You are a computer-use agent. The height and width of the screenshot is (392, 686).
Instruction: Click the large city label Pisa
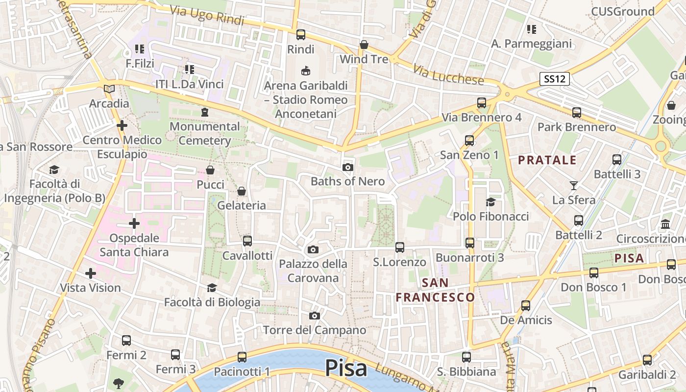tap(346, 368)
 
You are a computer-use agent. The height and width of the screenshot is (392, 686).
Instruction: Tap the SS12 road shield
tap(555, 79)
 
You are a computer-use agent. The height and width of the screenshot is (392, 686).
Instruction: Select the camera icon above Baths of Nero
tap(348, 168)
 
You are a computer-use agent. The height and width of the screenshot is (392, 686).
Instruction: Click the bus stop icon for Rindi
tap(301, 35)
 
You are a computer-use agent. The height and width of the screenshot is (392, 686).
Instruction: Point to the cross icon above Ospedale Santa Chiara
tap(134, 224)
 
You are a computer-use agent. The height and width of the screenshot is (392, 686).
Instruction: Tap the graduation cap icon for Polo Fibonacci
tap(490, 202)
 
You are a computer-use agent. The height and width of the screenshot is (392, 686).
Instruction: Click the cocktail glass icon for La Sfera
tap(574, 186)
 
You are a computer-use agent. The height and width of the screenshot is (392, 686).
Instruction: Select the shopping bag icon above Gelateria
tap(242, 191)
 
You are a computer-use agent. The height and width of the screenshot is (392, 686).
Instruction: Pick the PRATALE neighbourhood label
tap(547, 160)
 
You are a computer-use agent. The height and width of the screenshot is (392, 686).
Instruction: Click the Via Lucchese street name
tap(448, 74)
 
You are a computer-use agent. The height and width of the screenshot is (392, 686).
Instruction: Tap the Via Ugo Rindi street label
tap(207, 15)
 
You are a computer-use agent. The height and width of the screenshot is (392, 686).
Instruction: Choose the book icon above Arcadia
tap(109, 89)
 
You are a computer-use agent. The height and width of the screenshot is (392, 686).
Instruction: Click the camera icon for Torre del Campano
tap(315, 316)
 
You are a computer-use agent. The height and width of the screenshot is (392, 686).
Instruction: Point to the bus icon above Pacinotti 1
tap(242, 357)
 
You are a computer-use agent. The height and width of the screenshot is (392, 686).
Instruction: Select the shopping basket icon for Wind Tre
tap(364, 45)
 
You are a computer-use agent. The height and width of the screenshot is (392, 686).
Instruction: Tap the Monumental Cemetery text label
tap(204, 133)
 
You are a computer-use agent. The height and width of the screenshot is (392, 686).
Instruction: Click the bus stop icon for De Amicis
tap(526, 306)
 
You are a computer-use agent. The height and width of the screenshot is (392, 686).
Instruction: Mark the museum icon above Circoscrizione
tap(666, 224)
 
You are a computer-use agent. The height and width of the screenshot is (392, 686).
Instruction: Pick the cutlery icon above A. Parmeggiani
tap(531, 29)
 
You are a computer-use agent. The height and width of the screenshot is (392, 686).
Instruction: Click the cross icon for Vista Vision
tap(90, 273)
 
